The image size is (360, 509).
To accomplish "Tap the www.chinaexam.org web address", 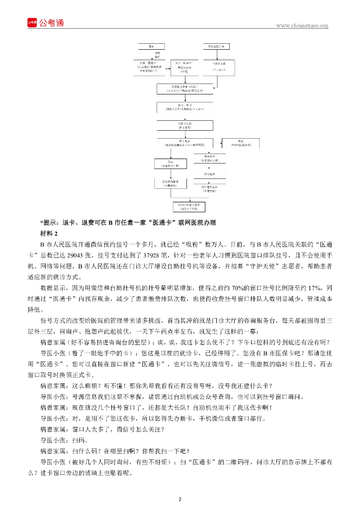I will (x=302, y=26).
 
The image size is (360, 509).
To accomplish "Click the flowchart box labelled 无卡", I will (x=152, y=46).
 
